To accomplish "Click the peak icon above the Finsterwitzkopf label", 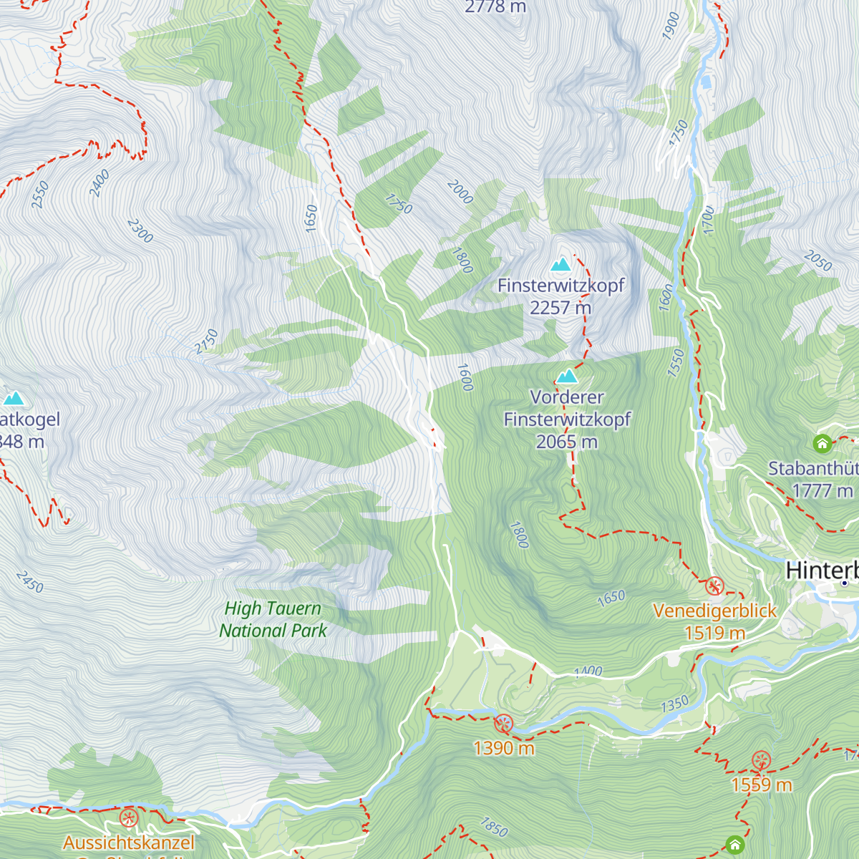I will (x=561, y=264).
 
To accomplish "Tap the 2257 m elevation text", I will (x=560, y=308).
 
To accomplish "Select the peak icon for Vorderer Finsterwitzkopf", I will (x=567, y=376).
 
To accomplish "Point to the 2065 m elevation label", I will (x=566, y=442).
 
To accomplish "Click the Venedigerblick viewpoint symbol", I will (x=714, y=586).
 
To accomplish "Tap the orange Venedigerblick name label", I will (x=714, y=611).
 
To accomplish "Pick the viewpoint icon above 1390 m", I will (x=504, y=724).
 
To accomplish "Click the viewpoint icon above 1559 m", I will (x=761, y=760).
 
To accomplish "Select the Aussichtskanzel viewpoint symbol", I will (x=129, y=817).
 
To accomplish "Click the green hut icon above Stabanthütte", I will (x=822, y=444).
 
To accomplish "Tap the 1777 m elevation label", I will (x=822, y=491).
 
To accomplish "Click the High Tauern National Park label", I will (x=273, y=619).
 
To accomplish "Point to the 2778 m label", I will (x=495, y=7).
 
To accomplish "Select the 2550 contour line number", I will (x=40, y=195).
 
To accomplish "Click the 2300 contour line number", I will (x=140, y=230).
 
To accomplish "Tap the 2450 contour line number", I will (x=30, y=581).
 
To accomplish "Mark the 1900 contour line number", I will (x=671, y=26).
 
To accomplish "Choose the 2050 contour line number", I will (x=817, y=261).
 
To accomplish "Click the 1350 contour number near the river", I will (x=674, y=704).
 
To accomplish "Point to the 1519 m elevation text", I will (x=714, y=634).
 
